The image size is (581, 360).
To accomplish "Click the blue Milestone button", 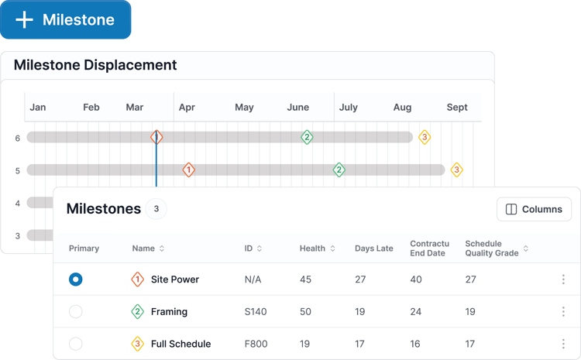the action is click(x=66, y=19).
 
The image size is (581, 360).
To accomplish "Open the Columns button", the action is click(x=534, y=209).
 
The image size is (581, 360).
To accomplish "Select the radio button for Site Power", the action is click(x=76, y=279).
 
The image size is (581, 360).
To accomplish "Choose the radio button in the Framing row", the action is click(x=76, y=311).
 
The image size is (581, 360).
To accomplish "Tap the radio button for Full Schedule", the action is click(x=76, y=344).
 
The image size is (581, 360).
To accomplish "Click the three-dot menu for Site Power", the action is click(x=563, y=279).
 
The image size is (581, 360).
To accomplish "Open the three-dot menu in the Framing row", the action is click(x=563, y=311).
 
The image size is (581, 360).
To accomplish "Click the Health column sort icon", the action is click(x=333, y=249).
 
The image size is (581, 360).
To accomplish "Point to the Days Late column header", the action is click(x=374, y=249).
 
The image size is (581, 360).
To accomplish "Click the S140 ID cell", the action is click(x=256, y=312).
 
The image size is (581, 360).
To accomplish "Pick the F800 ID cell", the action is click(x=256, y=344).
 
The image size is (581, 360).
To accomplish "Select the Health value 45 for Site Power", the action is click(x=306, y=279).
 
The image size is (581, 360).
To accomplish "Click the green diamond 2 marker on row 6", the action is click(x=307, y=137).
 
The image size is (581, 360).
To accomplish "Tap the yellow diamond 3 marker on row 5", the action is click(x=456, y=170).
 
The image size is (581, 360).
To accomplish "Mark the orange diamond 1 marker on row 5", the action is click(x=188, y=170).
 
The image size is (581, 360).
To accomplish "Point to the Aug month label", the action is click(x=402, y=108).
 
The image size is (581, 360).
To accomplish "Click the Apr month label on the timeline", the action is click(x=187, y=108).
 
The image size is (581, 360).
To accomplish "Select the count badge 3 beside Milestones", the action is click(x=156, y=209).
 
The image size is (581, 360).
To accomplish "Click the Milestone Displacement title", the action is click(x=95, y=65).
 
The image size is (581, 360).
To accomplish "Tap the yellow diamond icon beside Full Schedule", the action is click(x=137, y=344).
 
